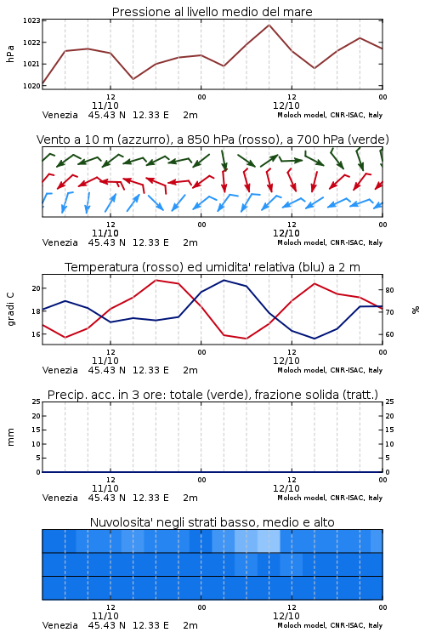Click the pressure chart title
tap(212, 12)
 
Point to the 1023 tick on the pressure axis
tap(31, 20)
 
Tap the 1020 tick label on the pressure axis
tap(31, 86)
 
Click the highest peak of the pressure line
tap(269, 25)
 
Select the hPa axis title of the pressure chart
tap(10, 54)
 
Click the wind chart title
tap(212, 140)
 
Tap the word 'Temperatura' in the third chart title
tap(102, 267)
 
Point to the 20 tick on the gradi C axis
tap(37, 288)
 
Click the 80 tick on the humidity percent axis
tap(389, 290)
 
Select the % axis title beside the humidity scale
tap(416, 310)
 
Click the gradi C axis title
tap(10, 309)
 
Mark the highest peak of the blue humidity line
tap(224, 281)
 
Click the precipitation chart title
tap(212, 395)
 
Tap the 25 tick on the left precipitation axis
tap(37, 402)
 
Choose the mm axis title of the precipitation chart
tap(10, 437)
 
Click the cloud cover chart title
tap(212, 522)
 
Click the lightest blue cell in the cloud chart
tap(269, 541)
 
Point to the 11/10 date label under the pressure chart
tap(105, 105)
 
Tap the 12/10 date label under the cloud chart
tap(286, 616)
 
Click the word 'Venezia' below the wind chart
tap(59, 242)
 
